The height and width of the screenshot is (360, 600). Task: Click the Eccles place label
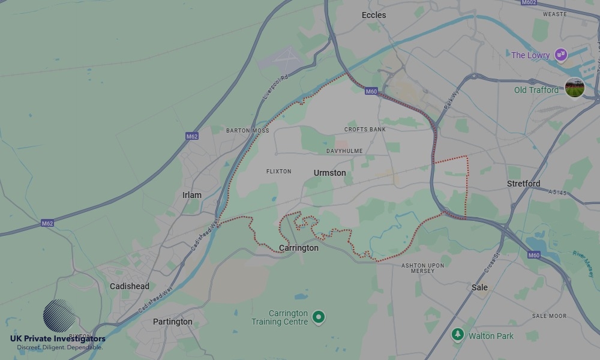click(374, 15)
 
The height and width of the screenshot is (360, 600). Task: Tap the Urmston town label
click(329, 173)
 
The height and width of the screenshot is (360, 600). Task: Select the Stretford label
click(523, 184)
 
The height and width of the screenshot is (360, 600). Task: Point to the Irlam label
click(192, 195)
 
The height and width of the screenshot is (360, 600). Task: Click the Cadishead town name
click(130, 286)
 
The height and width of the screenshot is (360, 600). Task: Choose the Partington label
click(173, 322)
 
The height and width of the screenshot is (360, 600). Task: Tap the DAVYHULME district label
click(344, 151)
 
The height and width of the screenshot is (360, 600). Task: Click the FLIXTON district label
click(278, 172)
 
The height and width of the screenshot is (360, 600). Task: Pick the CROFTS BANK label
click(365, 130)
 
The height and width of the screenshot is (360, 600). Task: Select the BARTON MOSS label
click(247, 130)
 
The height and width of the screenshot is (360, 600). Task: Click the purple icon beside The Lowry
click(560, 55)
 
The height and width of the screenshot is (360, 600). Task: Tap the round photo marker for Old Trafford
click(575, 88)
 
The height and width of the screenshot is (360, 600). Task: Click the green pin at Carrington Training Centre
click(319, 316)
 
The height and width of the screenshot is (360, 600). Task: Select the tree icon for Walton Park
click(458, 334)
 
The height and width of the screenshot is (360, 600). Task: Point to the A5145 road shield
click(557, 193)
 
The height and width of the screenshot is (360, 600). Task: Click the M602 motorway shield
click(529, 2)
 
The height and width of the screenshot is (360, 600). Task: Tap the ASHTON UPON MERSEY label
click(422, 268)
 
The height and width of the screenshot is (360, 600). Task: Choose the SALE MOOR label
click(548, 316)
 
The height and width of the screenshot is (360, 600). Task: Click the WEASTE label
click(554, 14)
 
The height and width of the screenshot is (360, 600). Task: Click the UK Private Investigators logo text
click(58, 339)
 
